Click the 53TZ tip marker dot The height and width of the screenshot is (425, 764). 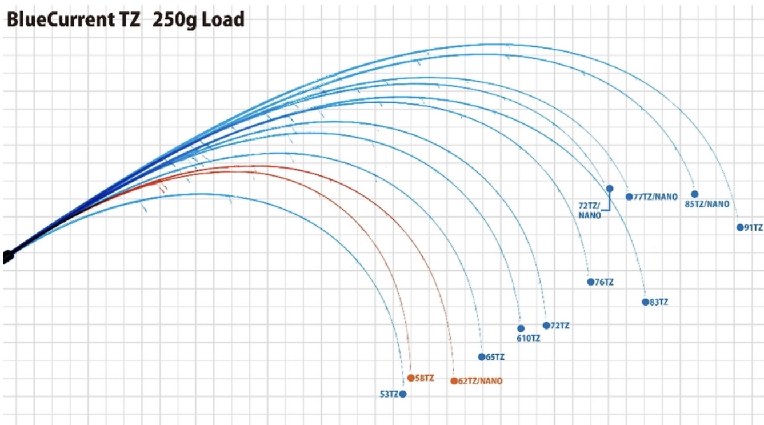point(403,394)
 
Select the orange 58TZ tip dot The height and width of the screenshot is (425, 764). point(411,378)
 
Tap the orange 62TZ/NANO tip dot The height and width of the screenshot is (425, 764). point(454,381)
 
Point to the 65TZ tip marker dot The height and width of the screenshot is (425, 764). point(481,357)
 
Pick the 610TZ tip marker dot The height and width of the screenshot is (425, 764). point(521,328)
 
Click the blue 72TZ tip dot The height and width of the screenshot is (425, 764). point(546,326)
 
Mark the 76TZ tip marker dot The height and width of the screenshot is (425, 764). point(590,282)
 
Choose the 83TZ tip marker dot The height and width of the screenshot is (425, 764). point(645,302)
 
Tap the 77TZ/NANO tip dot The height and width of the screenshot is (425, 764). point(629,197)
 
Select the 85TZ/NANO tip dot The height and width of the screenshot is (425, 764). point(695,194)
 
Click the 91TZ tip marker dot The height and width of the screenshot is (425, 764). point(740,227)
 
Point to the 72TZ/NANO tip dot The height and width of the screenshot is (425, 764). point(610,189)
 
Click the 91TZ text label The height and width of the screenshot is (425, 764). point(753,227)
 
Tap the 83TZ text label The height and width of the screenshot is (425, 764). point(659,302)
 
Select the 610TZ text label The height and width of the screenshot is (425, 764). point(529,338)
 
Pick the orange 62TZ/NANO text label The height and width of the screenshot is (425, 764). point(481,381)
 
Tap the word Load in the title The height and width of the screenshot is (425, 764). point(225,21)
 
